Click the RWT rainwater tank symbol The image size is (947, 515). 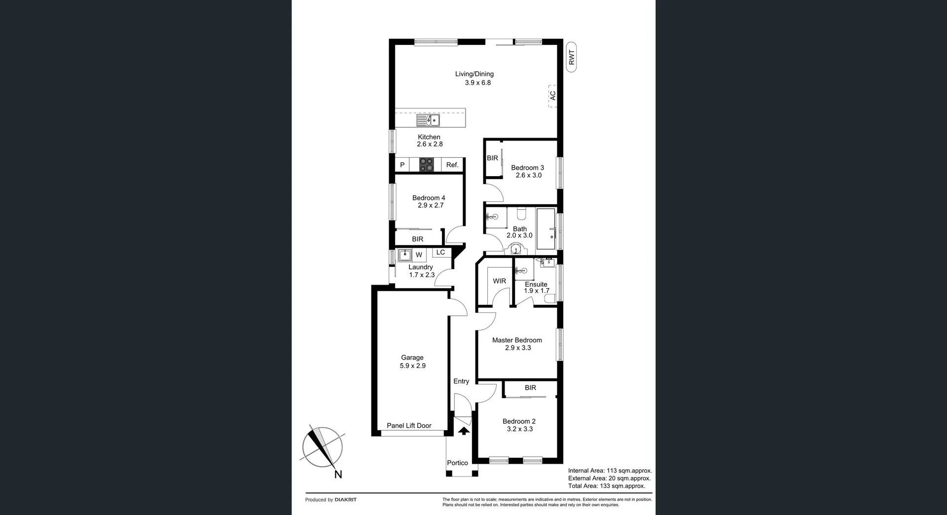coord(571,58)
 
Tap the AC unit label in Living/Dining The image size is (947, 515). coord(553,96)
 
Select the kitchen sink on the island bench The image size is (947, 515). coord(428,120)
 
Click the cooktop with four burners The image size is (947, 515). coord(426,164)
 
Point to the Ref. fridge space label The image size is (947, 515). coord(452,165)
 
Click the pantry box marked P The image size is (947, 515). coord(402,165)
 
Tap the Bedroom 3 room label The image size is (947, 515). coord(527,168)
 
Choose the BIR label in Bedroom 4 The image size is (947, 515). coord(417,239)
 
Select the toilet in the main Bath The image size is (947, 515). coord(521,214)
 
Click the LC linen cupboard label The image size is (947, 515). coord(440,252)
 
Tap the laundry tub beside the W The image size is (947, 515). coord(405,255)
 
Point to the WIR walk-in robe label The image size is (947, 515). coord(499,281)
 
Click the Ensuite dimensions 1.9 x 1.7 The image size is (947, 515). coord(536,291)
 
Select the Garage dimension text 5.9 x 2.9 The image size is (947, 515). coord(412,366)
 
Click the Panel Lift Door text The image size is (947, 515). coord(409,426)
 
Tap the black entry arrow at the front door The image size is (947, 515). coord(464,431)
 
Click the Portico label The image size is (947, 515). coord(457,463)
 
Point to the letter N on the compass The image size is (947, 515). coord(338,475)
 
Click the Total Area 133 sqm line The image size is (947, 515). coord(606,486)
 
